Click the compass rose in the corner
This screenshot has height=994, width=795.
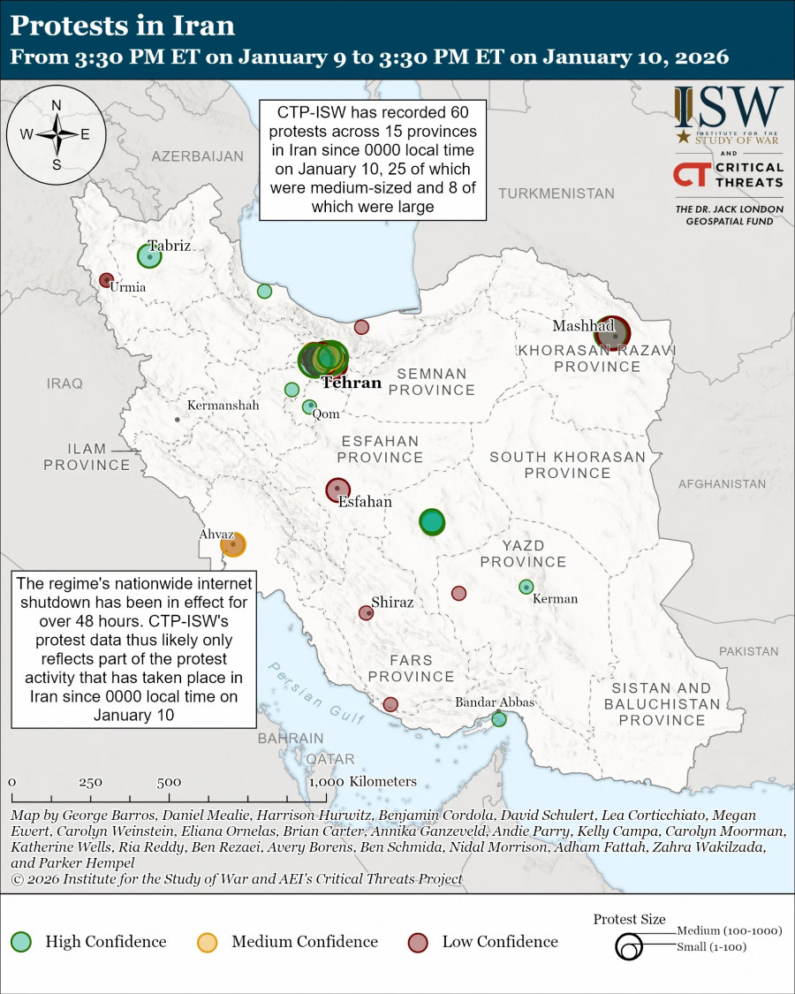pos(56,135)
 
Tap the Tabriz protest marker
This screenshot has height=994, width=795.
pos(149,256)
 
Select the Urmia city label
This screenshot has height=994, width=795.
pos(127,287)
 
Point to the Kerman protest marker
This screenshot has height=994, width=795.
pos(526,587)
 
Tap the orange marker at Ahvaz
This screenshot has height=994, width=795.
pos(233,545)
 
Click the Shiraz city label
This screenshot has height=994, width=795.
pos(392,602)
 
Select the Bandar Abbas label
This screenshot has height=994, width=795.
pos(495,702)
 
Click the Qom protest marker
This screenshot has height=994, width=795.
pos(309,406)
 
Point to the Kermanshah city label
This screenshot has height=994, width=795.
pos(223,406)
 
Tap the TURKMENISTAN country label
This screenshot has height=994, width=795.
pos(556,193)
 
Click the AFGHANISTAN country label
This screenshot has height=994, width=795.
pos(722,484)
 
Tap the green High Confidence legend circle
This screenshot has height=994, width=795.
pos(22,942)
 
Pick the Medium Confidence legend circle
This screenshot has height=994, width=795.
pos(208,942)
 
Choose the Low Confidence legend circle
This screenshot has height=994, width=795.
pos(419,942)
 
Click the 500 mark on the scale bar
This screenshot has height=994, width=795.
pos(169,782)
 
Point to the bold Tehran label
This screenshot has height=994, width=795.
pos(351,383)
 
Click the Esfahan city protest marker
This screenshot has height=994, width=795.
pos(337,489)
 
